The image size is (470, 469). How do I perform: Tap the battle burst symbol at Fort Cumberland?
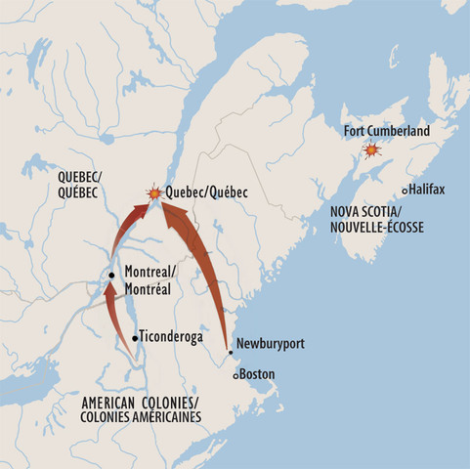tap(370, 150)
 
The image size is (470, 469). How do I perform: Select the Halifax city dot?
tap(406, 191)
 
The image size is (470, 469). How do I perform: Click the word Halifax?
tap(428, 190)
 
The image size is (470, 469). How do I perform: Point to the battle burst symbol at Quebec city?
tap(154, 193)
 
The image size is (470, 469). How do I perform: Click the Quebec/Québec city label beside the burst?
tap(201, 193)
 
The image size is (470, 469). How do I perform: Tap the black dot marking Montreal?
tap(111, 276)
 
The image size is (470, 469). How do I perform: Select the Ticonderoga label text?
tap(172, 335)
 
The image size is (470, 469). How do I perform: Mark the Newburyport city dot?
tap(229, 352)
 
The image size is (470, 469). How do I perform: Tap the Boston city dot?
tap(235, 375)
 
